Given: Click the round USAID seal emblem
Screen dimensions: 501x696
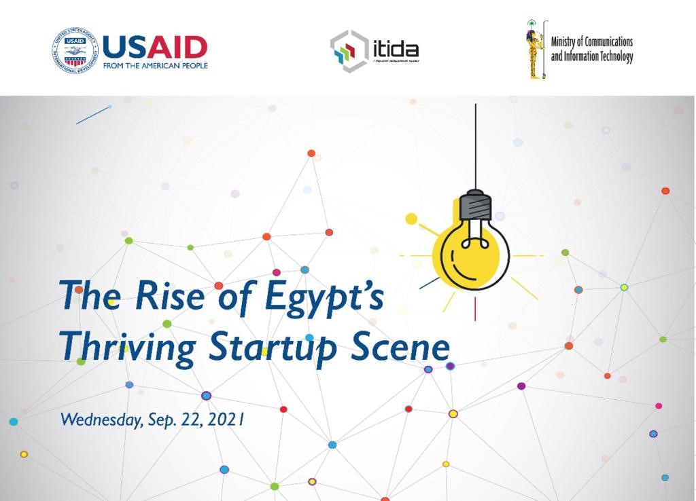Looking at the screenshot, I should [x=75, y=50].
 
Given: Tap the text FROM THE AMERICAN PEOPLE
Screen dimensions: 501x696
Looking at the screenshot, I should [x=156, y=66].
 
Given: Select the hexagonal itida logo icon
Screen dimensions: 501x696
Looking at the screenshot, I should [x=349, y=50].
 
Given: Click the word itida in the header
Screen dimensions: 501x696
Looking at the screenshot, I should [x=395, y=49].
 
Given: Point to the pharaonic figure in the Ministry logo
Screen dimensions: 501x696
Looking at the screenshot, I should [x=534, y=49].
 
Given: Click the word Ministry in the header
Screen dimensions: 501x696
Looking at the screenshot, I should [x=565, y=42].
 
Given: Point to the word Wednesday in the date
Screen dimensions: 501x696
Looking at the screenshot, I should [x=101, y=420].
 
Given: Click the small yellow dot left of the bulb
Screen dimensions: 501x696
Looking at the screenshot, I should [x=411, y=219].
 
